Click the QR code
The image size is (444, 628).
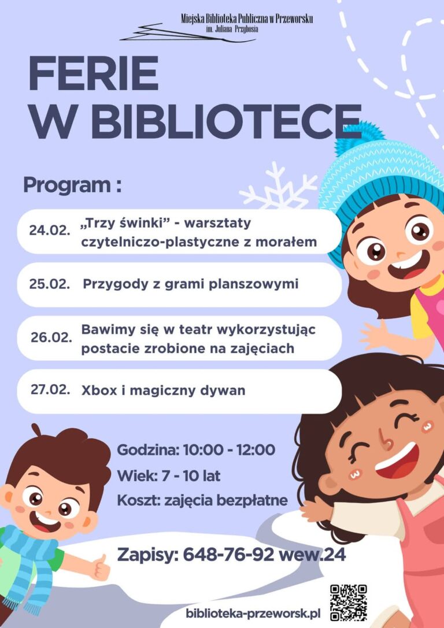348,603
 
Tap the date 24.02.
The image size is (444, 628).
50,231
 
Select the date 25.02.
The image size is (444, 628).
50,284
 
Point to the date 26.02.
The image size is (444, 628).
51,337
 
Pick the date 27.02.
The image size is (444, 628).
50,389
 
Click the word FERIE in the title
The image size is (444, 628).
94,74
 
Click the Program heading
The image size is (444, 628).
72,185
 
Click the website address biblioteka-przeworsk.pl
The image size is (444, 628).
253,614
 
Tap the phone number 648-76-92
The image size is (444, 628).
228,555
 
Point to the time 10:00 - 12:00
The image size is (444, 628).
229,450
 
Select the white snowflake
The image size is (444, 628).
277,188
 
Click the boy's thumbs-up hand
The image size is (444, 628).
101,567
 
